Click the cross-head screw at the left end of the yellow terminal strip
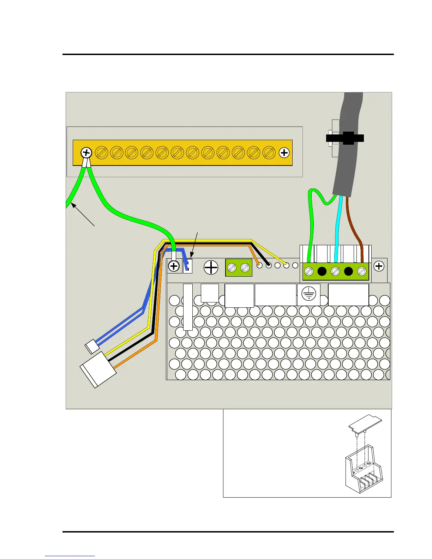[86, 153]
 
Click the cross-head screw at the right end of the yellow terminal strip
[284, 153]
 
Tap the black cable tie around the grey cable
[345, 138]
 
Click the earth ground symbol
[309, 294]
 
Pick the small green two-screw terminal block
[239, 268]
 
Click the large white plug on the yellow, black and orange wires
[98, 369]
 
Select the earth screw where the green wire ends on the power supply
[174, 266]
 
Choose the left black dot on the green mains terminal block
[322, 271]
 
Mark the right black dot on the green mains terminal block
[348, 271]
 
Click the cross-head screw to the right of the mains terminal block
[379, 266]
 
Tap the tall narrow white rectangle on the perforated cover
[188, 307]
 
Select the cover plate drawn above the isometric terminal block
[366, 422]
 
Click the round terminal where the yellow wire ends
[286, 265]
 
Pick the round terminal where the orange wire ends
[259, 265]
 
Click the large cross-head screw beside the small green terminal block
[211, 268]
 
